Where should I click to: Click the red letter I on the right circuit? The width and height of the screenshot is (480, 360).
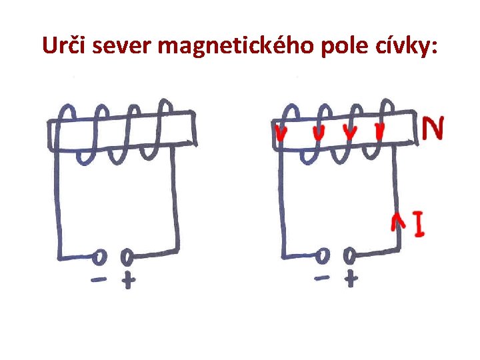tap(419, 225)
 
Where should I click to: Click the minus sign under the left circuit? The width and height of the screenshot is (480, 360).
tap(99, 281)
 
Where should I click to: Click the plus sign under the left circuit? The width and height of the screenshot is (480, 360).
tap(127, 281)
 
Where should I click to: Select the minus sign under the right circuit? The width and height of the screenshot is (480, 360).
tap(322, 277)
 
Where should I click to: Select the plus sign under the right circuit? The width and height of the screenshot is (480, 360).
tap(351, 279)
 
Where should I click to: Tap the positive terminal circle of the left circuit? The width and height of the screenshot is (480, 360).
tap(125, 255)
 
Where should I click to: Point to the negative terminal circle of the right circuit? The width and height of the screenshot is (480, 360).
tap(323, 255)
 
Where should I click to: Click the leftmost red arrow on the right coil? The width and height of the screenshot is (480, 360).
tap(281, 134)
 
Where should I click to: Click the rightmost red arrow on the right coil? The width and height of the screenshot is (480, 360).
tap(380, 131)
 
